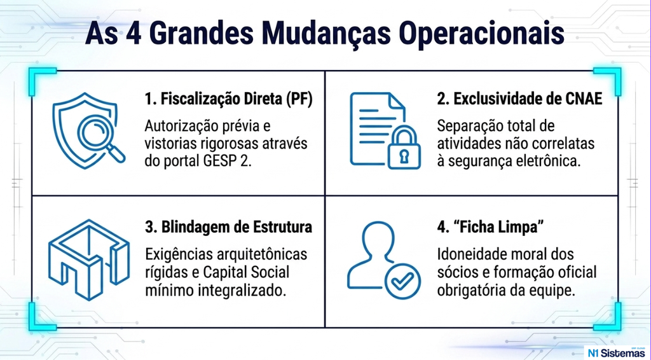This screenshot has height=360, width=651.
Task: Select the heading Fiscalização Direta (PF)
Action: coord(228,100)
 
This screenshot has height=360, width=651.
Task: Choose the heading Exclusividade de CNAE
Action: coord(519,100)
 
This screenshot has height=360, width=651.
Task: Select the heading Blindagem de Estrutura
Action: coord(228,228)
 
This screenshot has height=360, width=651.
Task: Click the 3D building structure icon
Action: coord(89,259)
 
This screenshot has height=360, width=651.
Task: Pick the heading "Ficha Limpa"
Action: coord(491,228)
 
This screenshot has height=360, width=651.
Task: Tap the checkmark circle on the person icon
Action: coord(402,280)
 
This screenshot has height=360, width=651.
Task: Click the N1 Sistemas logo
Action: coord(616,352)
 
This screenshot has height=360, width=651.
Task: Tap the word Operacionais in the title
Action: coord(482,34)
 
